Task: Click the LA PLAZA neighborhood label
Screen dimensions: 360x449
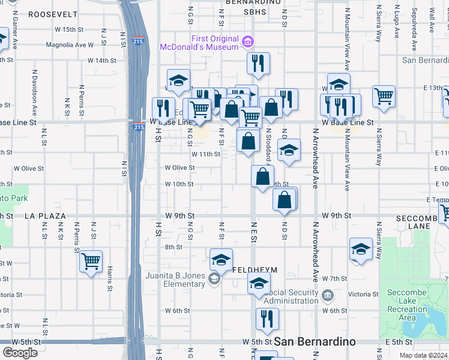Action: pos(44,215)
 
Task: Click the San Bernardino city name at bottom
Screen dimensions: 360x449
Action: pos(315,341)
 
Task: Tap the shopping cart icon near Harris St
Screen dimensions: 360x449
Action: pos(91,261)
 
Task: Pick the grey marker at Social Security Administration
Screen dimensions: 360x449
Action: pos(328,295)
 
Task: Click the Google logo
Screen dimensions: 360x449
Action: pos(20,353)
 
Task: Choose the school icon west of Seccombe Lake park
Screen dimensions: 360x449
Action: pos(361,249)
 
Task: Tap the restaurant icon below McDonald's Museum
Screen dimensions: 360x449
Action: pos(258,63)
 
